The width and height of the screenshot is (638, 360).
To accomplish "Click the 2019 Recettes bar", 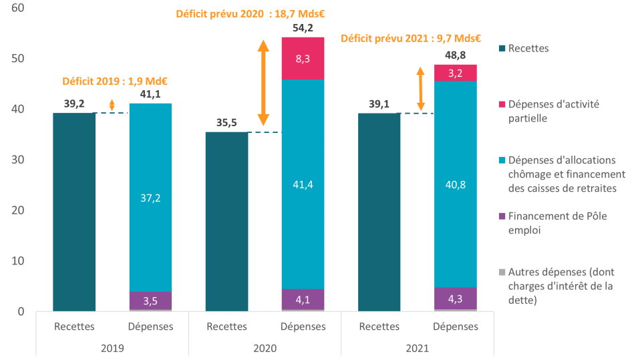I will point(74,212).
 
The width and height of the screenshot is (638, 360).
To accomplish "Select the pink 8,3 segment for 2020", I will point(303,59).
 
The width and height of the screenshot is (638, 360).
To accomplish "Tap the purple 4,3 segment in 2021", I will point(455,299).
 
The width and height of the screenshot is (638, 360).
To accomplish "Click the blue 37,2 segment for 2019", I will point(150,198).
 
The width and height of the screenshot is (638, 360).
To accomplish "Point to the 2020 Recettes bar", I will point(226,221).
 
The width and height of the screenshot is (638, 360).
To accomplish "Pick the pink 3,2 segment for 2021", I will point(455,73).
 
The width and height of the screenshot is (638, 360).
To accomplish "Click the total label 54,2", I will point(303,27).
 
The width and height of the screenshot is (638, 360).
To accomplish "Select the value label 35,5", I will point(226,123).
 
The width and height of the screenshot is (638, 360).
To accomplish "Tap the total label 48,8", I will point(455,55).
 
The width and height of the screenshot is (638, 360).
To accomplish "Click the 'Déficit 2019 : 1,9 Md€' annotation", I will point(115,81).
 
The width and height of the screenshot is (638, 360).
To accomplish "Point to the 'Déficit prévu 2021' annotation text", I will point(411,39).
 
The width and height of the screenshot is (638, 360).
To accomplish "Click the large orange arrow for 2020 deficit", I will point(263,83).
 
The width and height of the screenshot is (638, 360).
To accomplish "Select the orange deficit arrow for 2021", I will point(421,89).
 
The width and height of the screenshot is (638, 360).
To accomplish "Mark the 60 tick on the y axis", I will point(18,8).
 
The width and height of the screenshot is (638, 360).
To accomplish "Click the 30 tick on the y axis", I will point(18,160).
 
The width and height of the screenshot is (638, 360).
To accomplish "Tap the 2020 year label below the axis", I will point(265,349).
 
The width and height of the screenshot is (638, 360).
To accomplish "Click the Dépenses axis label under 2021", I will point(455,327).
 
